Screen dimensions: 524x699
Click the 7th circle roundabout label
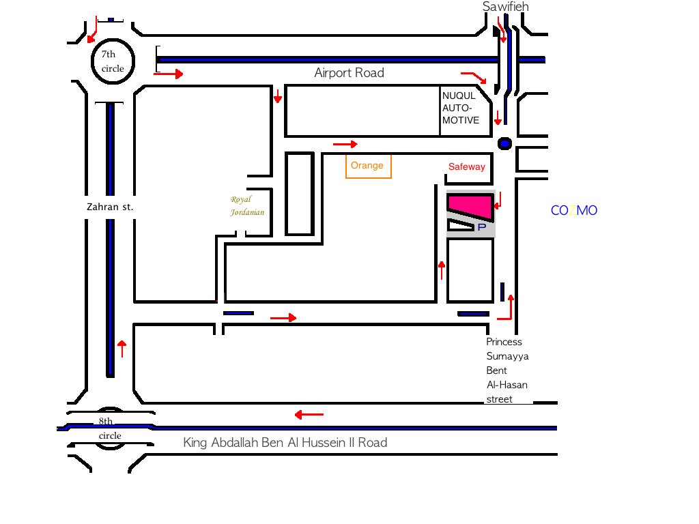(113, 61)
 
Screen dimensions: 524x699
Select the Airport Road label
(349, 73)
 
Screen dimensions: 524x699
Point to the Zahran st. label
(110, 207)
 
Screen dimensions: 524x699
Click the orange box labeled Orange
(369, 166)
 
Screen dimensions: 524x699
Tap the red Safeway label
(467, 167)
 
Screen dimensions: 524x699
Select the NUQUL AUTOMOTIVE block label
(461, 108)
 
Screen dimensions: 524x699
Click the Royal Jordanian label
(246, 206)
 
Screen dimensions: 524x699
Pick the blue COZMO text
(573, 211)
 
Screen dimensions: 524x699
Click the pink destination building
(470, 205)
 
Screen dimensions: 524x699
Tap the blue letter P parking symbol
(481, 227)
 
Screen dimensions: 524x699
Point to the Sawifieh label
(506, 7)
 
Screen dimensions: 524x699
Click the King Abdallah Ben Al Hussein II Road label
(285, 443)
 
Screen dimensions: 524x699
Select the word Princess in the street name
(504, 342)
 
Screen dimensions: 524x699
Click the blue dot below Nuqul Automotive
(504, 143)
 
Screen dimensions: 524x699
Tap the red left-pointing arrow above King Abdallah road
(309, 414)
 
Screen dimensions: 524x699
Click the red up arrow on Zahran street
(122, 348)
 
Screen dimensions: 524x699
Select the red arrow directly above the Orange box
(345, 144)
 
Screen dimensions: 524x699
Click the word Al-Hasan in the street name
(507, 385)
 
